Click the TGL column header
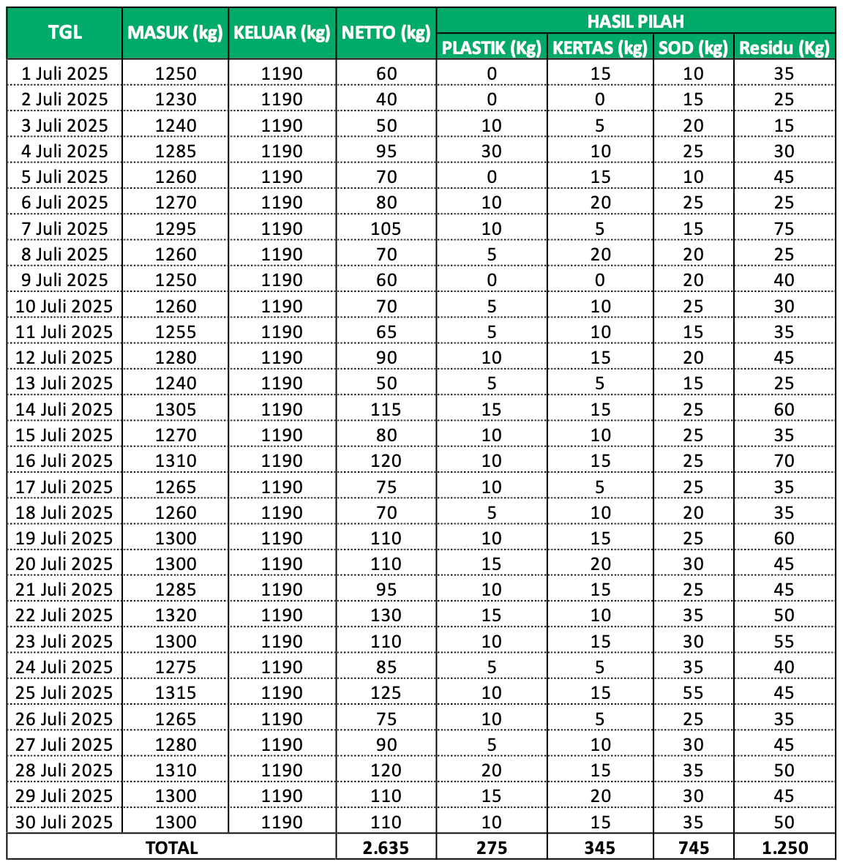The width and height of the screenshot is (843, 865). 64,33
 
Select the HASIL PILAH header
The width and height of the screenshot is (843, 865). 635,21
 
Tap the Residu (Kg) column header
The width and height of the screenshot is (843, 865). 784,48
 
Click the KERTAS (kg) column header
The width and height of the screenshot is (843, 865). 600,48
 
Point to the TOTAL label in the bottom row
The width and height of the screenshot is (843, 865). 172,847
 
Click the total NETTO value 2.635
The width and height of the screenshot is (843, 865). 386,847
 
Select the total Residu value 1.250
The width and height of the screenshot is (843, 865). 784,847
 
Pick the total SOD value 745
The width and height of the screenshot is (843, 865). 693,847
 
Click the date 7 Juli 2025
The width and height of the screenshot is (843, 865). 64,229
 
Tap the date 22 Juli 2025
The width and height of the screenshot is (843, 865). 64,615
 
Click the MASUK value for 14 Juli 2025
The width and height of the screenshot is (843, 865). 176,410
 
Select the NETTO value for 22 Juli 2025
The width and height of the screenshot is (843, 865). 386,615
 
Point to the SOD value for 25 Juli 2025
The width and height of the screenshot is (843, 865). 693,693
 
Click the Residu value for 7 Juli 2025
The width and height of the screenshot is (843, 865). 784,229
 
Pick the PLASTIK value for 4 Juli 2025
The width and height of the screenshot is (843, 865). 492,151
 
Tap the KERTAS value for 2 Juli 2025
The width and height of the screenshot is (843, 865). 600,100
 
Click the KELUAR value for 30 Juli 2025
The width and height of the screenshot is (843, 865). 282,822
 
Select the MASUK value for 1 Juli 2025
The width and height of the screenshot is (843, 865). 176,74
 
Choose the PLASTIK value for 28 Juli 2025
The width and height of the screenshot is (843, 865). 492,771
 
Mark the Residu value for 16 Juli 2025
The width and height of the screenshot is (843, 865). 784,461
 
